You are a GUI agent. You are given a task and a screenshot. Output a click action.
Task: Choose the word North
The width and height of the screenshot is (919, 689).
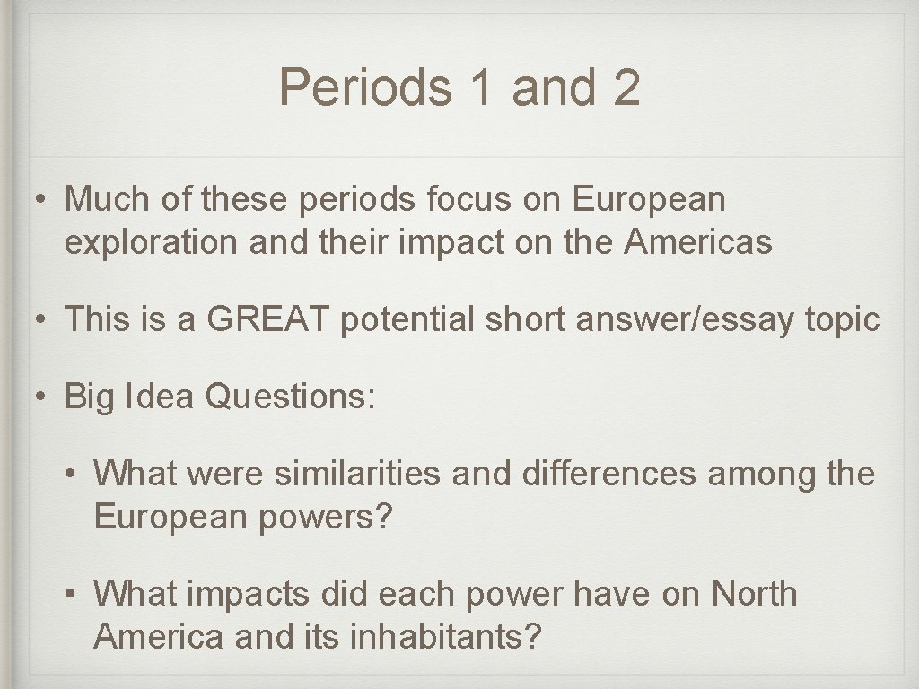click(x=754, y=594)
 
